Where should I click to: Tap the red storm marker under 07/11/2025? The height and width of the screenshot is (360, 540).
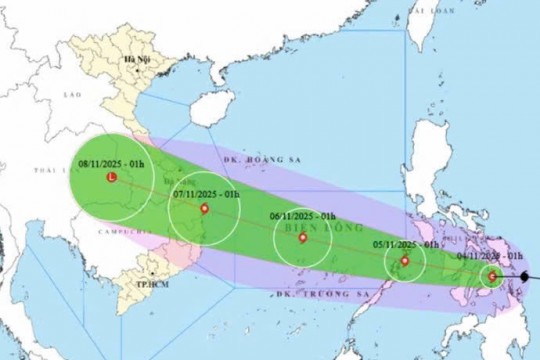[x=204, y=209]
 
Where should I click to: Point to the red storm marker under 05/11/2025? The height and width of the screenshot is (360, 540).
[x=404, y=262]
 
